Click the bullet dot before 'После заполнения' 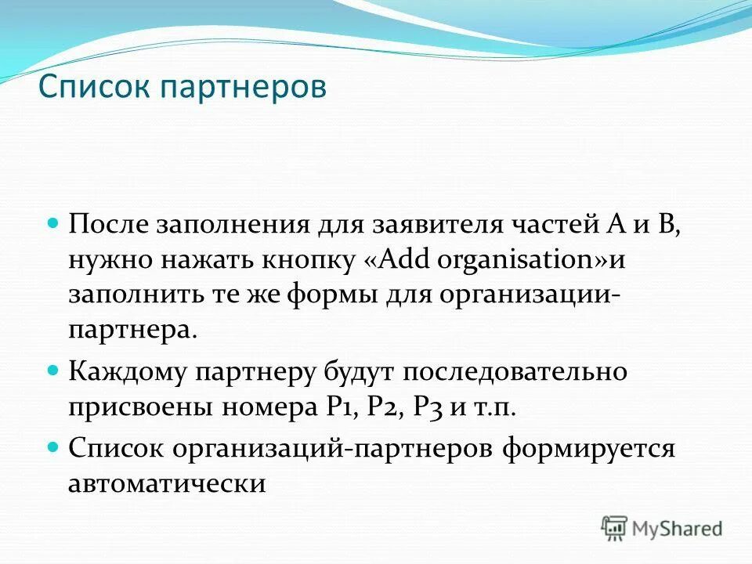(54, 222)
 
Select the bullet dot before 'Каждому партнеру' (54, 368)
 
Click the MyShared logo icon (615, 528)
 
